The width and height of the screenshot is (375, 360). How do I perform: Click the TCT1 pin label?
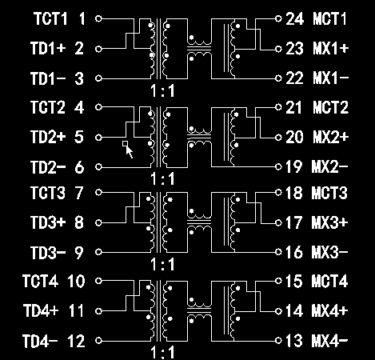click(50, 18)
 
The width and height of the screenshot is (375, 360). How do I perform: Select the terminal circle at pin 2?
click(98, 49)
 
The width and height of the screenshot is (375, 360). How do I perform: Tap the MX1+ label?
click(331, 49)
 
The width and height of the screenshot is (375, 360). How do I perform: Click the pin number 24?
click(294, 18)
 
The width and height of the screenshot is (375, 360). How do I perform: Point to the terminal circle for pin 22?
click(278, 78)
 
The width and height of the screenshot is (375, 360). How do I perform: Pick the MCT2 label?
click(330, 107)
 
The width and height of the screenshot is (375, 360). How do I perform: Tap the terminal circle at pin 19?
click(278, 167)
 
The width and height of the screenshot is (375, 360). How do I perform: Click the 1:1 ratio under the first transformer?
click(162, 91)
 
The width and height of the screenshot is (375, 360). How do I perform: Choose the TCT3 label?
click(48, 193)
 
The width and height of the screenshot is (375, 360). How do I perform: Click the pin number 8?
click(79, 222)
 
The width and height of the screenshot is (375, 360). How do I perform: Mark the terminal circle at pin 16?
click(278, 252)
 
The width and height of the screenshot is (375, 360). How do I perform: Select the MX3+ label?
click(329, 222)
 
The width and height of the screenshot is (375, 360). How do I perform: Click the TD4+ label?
click(41, 310)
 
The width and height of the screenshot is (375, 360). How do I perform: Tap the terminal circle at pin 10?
click(98, 281)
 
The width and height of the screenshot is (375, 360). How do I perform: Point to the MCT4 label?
click(329, 281)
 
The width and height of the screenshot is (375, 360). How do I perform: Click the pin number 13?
click(294, 341)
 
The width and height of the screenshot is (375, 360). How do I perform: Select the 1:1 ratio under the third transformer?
click(162, 264)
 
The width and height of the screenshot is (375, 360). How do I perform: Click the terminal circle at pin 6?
click(98, 167)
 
